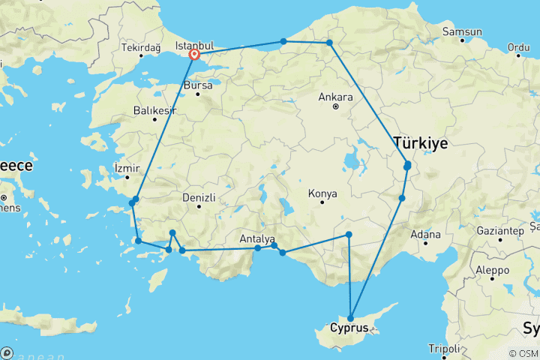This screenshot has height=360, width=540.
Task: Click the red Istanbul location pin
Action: point(194,54)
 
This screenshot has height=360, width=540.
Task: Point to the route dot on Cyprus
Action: point(350,319)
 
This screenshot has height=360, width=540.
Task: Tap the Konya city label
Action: point(322,193)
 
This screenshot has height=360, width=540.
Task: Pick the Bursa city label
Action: point(198,85)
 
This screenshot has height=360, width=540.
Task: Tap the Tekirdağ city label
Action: point(140,48)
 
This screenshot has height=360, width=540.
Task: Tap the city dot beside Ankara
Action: point(336,106)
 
